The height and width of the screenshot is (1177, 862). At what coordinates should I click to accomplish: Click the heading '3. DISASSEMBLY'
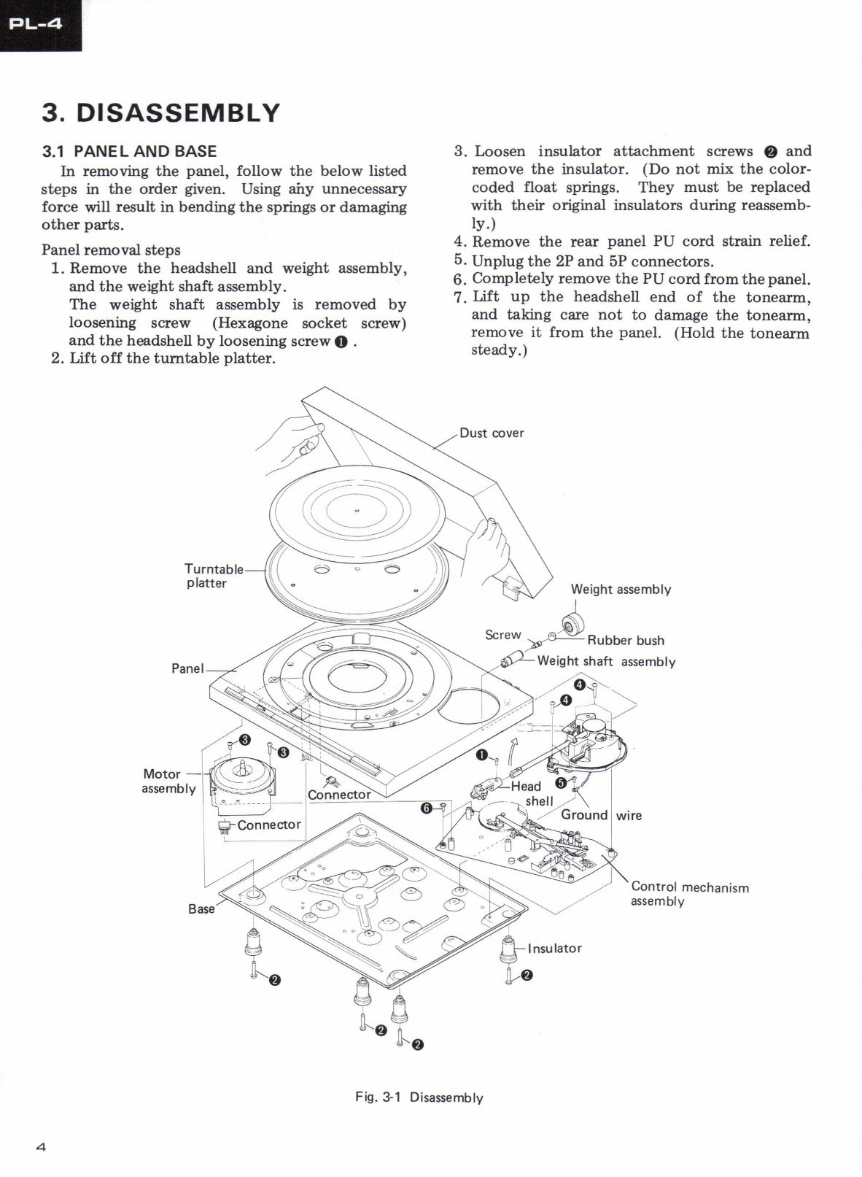[x=160, y=112]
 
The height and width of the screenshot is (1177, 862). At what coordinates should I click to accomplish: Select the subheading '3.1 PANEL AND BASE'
[x=129, y=151]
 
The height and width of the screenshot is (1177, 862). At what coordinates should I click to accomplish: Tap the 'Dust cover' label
[x=492, y=433]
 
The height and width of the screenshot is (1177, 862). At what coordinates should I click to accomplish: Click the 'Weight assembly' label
[x=621, y=589]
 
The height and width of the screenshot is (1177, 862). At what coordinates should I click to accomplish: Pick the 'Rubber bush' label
[x=626, y=640]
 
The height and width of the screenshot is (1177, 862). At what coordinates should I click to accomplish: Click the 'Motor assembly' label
[x=167, y=781]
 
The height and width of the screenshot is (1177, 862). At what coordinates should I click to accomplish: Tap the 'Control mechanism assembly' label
[x=689, y=893]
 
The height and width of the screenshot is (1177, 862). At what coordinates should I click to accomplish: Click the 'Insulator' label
[x=554, y=948]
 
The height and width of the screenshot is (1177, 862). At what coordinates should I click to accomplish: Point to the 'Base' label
[x=201, y=908]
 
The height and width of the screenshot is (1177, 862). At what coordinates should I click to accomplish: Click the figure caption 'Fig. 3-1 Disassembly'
[x=419, y=1097]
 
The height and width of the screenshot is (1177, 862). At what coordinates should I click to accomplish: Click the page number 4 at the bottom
[x=41, y=1146]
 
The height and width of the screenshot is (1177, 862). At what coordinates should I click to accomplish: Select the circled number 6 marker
[x=427, y=807]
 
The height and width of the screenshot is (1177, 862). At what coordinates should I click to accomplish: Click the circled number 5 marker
[x=560, y=782]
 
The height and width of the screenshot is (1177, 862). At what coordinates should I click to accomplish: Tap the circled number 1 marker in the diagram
[x=481, y=755]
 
